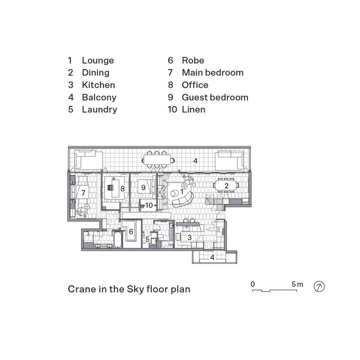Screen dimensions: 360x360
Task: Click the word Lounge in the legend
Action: pyautogui.click(x=98, y=60)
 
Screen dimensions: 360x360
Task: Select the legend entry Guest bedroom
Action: pyautogui.click(x=215, y=97)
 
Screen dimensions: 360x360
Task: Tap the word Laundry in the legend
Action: pyautogui.click(x=99, y=109)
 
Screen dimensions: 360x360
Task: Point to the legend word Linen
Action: pyautogui.click(x=193, y=109)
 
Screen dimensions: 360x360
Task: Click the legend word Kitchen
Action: pyautogui.click(x=98, y=85)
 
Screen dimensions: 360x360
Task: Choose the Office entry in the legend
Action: pyautogui.click(x=195, y=85)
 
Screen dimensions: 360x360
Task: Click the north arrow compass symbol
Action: pyautogui.click(x=319, y=286)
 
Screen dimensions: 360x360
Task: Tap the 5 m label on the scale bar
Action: pyautogui.click(x=297, y=284)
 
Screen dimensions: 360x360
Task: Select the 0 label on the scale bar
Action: pyautogui.click(x=253, y=284)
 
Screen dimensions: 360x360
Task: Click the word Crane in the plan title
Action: pyautogui.click(x=80, y=289)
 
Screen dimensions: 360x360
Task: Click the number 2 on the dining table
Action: pyautogui.click(x=226, y=185)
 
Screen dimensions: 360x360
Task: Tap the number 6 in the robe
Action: pyautogui.click(x=131, y=231)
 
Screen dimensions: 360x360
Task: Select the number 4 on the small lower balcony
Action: pyautogui.click(x=213, y=257)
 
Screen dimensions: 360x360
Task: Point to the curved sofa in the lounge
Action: pyautogui.click(x=184, y=198)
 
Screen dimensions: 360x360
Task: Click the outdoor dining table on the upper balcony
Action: pyautogui.click(x=158, y=160)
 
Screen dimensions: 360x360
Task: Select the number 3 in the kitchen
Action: pyautogui.click(x=190, y=237)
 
